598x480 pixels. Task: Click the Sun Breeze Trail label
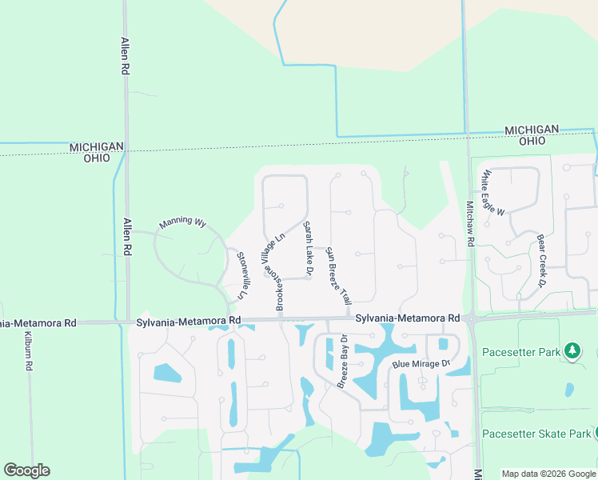coord(338,277)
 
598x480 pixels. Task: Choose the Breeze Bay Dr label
coord(342,361)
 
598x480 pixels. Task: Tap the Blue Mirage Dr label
coord(421,364)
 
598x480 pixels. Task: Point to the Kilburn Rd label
coord(27,350)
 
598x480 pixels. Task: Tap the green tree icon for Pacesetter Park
coord(572,350)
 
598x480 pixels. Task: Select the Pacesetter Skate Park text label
coord(536,434)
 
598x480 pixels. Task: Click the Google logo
coord(26,470)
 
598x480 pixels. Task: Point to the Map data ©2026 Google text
coord(548,474)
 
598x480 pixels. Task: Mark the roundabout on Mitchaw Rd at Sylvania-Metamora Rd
coord(472,318)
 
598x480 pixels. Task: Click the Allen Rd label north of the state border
coord(126,56)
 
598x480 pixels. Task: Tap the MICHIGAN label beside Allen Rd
coord(97,146)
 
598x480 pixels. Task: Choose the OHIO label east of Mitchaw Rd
coord(532,141)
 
